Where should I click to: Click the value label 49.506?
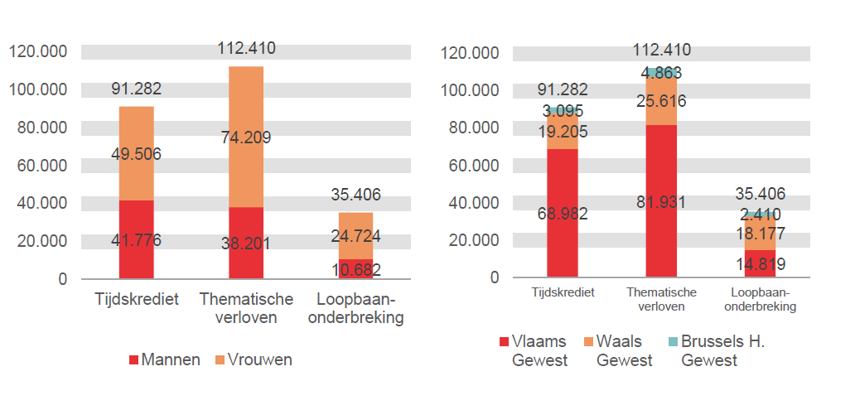pyautogui.click(x=137, y=153)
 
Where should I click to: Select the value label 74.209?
pyautogui.click(x=246, y=137)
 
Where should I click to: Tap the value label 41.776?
pyautogui.click(x=137, y=240)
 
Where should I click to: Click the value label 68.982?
pyautogui.click(x=562, y=214)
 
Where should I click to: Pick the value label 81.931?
pyautogui.click(x=661, y=202)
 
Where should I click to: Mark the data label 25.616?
pyautogui.click(x=661, y=101)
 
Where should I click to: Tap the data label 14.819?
pyautogui.click(x=761, y=265)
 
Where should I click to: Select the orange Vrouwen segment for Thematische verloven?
pyautogui.click(x=246, y=166)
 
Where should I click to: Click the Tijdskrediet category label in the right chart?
pyautogui.click(x=563, y=292)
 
